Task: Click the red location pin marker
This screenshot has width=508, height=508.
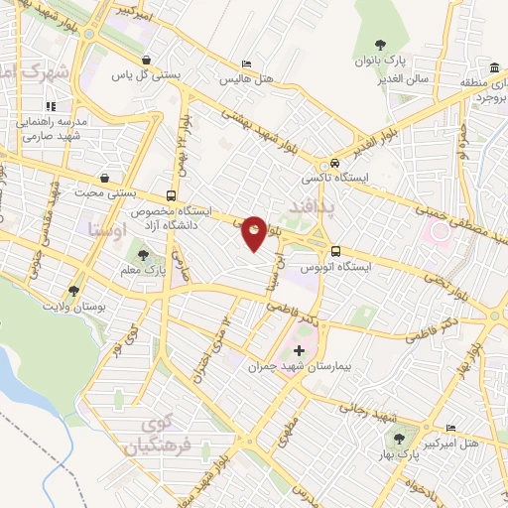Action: click(254, 232)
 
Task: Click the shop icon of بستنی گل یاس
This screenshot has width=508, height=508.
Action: click(147, 59)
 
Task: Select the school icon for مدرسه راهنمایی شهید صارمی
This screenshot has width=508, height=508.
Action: click(52, 105)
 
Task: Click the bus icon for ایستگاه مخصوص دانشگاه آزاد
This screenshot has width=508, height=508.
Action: click(172, 195)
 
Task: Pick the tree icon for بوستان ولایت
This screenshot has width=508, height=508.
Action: click(72, 291)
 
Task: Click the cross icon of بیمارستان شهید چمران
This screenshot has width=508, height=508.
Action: click(300, 352)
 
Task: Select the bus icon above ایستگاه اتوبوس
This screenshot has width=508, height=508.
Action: click(335, 251)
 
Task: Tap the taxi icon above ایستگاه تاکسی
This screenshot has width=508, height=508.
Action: click(335, 164)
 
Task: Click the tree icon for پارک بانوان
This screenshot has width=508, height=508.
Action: click(380, 43)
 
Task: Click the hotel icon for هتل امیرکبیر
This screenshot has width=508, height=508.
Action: click(451, 417)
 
